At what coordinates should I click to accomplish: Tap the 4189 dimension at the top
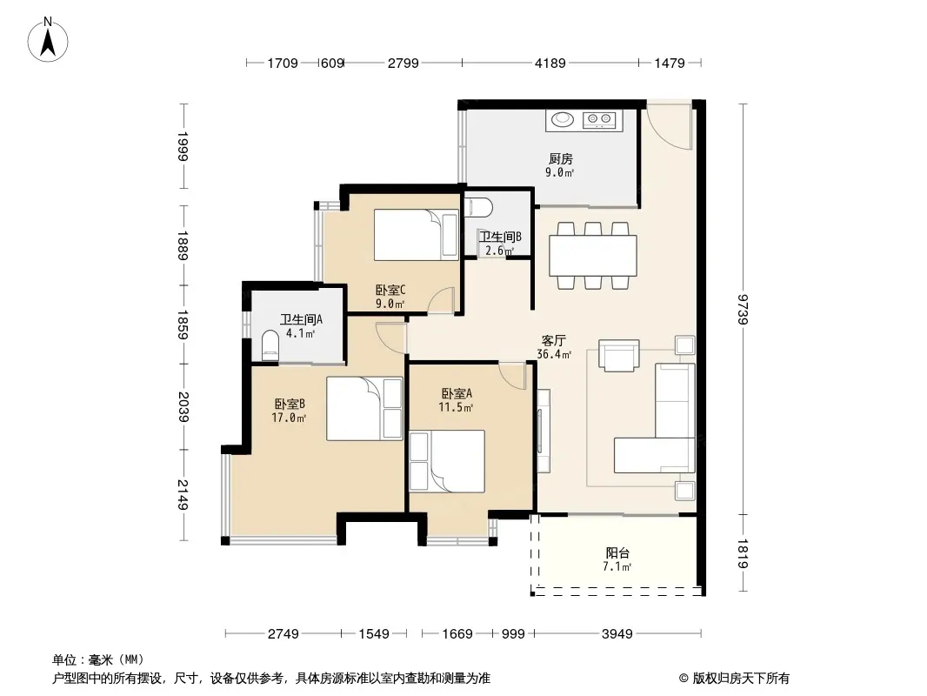tap(550, 63)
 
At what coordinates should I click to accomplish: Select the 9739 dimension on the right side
tap(744, 309)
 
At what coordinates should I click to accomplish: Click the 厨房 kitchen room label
tap(560, 158)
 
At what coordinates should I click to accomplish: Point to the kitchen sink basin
tap(563, 119)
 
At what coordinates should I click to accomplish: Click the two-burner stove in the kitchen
tap(599, 120)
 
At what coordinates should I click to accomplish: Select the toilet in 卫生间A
tap(270, 346)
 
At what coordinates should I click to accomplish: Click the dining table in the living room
tap(593, 256)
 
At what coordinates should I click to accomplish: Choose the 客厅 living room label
tap(553, 341)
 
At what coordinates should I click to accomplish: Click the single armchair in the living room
tap(619, 355)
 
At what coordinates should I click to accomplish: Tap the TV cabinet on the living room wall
tap(544, 430)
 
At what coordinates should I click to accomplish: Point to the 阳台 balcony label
tap(617, 553)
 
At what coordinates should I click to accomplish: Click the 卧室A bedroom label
tap(457, 393)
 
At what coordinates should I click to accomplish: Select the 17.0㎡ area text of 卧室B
tap(289, 418)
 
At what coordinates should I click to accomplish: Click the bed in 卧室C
tap(417, 235)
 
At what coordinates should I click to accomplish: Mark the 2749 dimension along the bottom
tap(283, 634)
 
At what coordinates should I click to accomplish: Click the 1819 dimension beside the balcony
tap(744, 553)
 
